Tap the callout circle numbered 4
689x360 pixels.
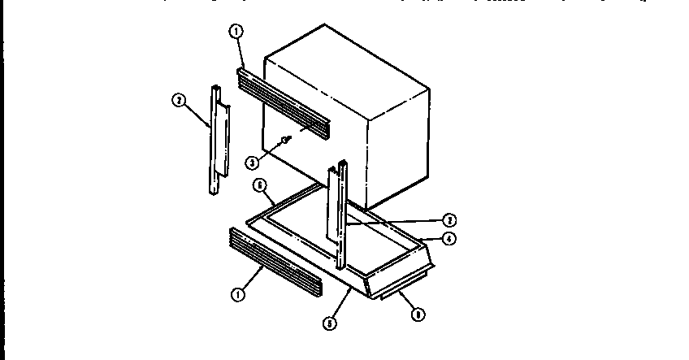[x=448, y=238]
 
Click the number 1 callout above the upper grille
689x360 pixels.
[x=236, y=33]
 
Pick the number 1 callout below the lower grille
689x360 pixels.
[x=238, y=295]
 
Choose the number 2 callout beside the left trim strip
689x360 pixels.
[x=179, y=101]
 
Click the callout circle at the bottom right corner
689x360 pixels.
[x=418, y=313]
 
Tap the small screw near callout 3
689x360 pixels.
[x=285, y=141]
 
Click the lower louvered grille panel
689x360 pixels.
[x=273, y=260]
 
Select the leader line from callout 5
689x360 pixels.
[x=340, y=304]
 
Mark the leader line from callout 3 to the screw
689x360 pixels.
[x=269, y=151]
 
